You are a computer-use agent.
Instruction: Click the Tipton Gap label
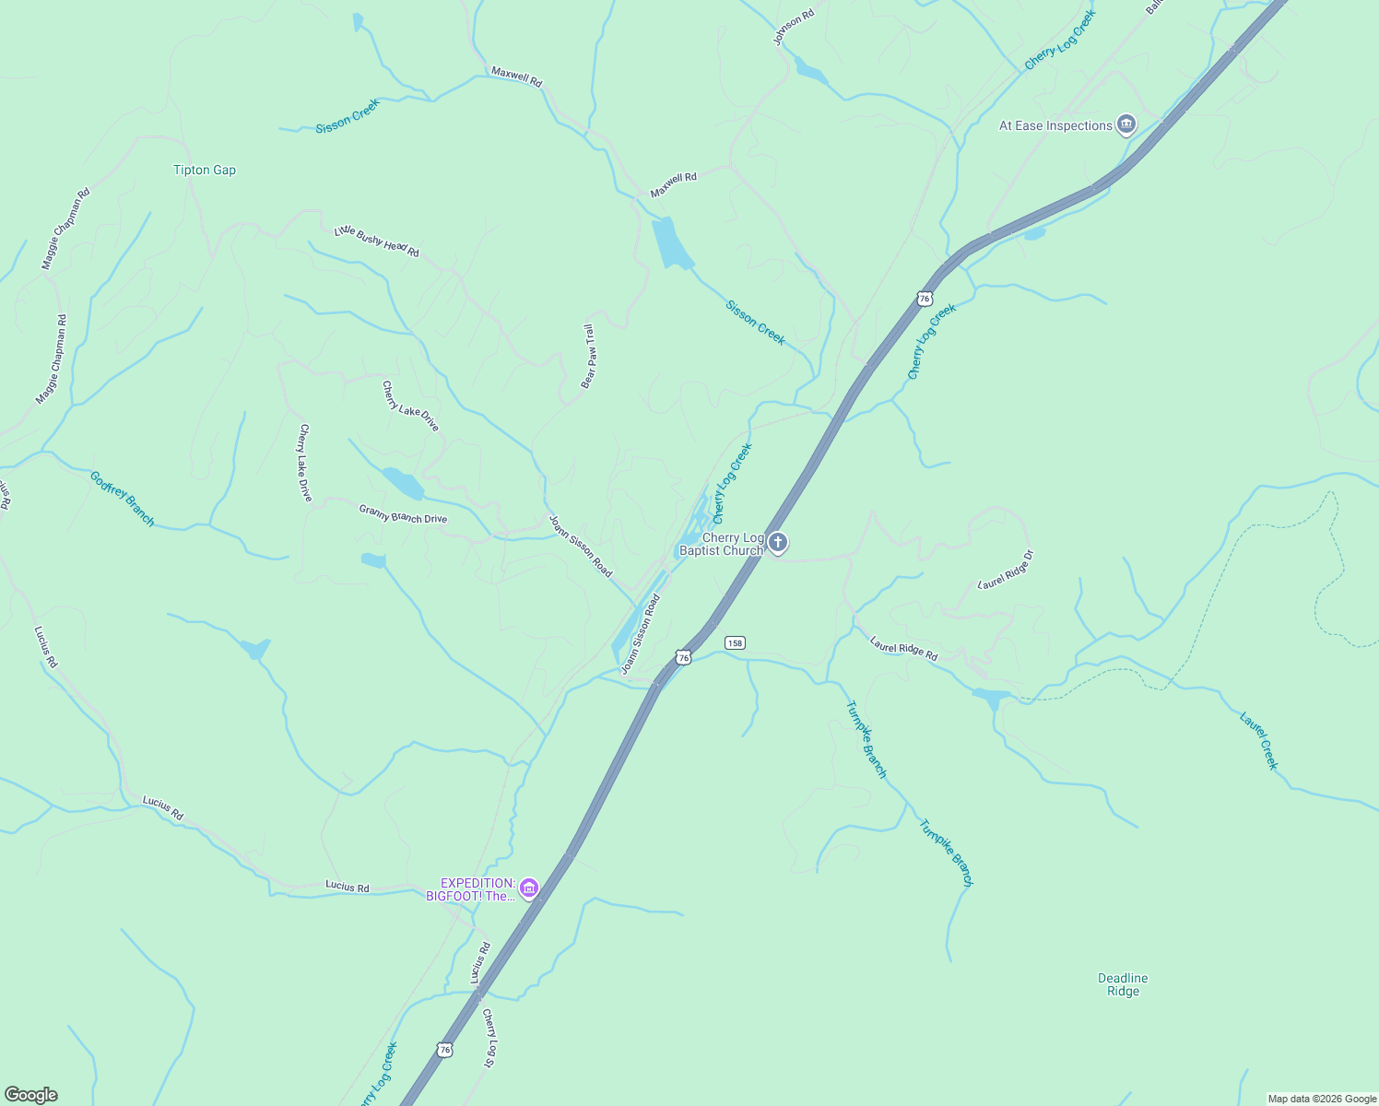(x=205, y=170)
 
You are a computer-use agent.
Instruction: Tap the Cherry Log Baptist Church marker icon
(x=778, y=543)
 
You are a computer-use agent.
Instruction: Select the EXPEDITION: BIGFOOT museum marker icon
(x=529, y=888)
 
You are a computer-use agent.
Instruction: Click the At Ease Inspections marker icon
(x=1126, y=124)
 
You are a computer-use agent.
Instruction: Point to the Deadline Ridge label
(x=1123, y=984)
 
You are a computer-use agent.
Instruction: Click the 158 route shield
(x=735, y=642)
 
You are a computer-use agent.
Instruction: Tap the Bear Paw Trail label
(x=588, y=356)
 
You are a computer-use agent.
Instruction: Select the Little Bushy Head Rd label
(x=376, y=241)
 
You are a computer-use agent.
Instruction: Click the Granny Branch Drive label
(x=403, y=514)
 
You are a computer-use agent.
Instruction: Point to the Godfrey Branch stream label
(x=123, y=498)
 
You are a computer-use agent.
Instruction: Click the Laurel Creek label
(x=1259, y=740)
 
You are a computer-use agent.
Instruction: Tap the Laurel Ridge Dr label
(x=1007, y=570)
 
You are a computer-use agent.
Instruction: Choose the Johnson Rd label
(x=794, y=27)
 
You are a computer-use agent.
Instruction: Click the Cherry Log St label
(x=490, y=1038)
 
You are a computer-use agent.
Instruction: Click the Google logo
(x=31, y=1094)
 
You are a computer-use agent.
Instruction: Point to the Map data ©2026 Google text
(x=1322, y=1099)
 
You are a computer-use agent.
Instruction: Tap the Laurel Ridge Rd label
(x=903, y=648)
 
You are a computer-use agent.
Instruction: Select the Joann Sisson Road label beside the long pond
(x=642, y=634)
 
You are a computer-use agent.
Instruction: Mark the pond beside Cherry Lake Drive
(x=403, y=482)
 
